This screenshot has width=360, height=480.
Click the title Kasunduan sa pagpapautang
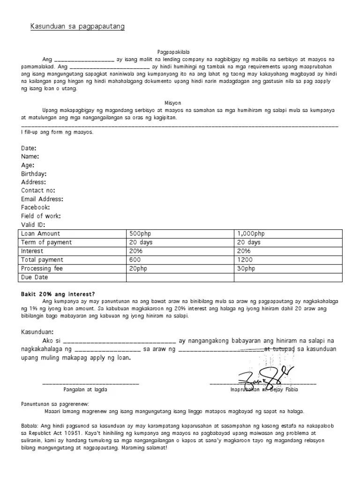tap(78, 27)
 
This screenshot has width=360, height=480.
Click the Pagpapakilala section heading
tap(173, 52)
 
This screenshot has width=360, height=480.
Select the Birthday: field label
tap(34, 173)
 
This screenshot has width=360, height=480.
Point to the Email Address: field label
tap(42, 199)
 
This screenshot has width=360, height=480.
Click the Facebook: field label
tap(35, 207)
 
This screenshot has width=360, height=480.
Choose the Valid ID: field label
tap(33, 225)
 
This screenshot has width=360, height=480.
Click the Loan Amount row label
tap(41, 233)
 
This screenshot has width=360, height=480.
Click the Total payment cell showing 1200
tap(245, 260)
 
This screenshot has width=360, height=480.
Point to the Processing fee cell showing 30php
tap(246, 269)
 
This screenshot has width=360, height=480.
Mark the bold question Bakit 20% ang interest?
tap(58, 293)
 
